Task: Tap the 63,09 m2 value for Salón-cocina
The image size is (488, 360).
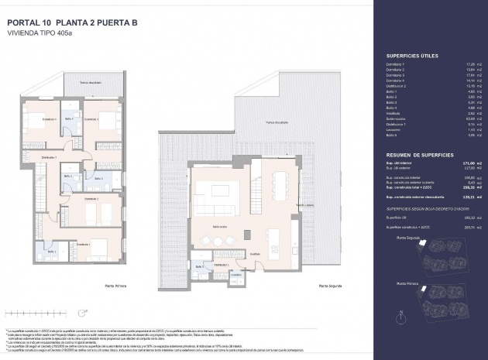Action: click(x=469, y=118)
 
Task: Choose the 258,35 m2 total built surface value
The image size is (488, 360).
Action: click(x=468, y=188)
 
